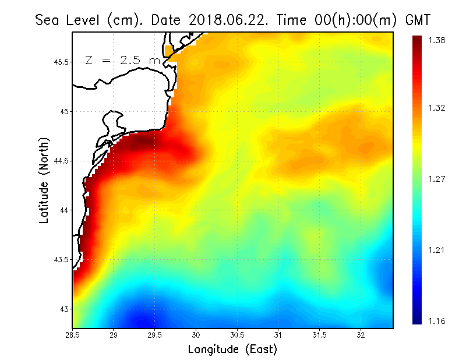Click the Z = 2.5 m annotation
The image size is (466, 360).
click(122, 60)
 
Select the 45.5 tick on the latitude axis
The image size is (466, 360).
click(60, 62)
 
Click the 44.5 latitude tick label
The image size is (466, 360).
click(60, 161)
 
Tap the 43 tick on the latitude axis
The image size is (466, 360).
click(63, 309)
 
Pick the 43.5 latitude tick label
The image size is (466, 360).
click(60, 259)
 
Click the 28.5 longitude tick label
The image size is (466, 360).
click(73, 335)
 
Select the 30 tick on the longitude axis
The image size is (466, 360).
click(196, 335)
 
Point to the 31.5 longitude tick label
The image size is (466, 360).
click(319, 335)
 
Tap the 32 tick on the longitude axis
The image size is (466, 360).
click(361, 335)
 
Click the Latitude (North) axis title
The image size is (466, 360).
click(44, 180)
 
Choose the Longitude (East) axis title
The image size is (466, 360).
click(232, 349)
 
